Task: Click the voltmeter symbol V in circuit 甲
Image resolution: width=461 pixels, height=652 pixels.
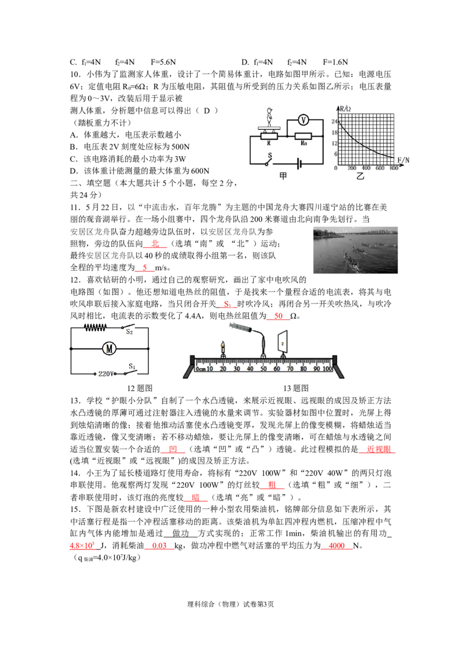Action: pos(303,120)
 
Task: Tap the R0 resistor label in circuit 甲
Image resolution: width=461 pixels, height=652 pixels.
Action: pos(304,143)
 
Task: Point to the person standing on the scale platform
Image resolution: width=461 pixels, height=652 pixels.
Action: pos(270,117)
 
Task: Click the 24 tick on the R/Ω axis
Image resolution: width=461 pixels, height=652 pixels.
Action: pos(334,122)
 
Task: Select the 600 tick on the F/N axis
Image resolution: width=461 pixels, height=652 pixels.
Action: pos(380,168)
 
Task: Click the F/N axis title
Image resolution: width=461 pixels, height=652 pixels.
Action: pos(403,160)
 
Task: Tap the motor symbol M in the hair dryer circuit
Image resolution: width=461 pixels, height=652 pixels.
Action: pos(109,348)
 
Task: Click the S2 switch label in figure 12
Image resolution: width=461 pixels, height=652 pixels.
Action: pos(130,332)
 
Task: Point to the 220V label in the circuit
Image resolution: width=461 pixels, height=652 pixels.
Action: pos(106,374)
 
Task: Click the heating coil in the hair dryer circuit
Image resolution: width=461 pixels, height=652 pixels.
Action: pos(95,328)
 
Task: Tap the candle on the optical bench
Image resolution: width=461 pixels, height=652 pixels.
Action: pos(223,349)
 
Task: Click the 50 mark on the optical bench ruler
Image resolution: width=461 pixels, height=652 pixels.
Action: pos(263,369)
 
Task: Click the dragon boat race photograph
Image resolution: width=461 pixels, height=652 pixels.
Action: pos(356,250)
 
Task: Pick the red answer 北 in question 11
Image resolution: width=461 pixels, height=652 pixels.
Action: pos(155,244)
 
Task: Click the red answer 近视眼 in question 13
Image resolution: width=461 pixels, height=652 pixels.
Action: pos(379,449)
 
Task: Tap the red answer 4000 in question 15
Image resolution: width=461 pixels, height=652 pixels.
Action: pos(337,545)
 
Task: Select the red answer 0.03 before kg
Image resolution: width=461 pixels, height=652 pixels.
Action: pos(160,545)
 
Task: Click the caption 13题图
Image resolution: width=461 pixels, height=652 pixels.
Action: pos(296,388)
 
